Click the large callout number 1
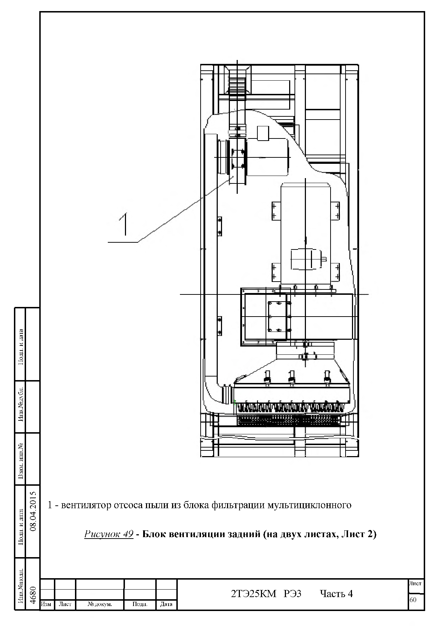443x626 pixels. coord(124,224)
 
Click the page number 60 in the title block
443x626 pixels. coord(413,600)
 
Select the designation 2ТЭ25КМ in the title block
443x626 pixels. coord(254,594)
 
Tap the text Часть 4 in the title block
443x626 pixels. coord(336,594)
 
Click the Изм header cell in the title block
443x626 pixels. coord(47,604)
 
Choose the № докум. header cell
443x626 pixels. coord(100,604)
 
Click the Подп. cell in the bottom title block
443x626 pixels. coord(140,604)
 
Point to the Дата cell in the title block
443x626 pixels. coord(166,604)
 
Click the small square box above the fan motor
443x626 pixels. coord(263,133)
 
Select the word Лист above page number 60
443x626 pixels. coord(415,584)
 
